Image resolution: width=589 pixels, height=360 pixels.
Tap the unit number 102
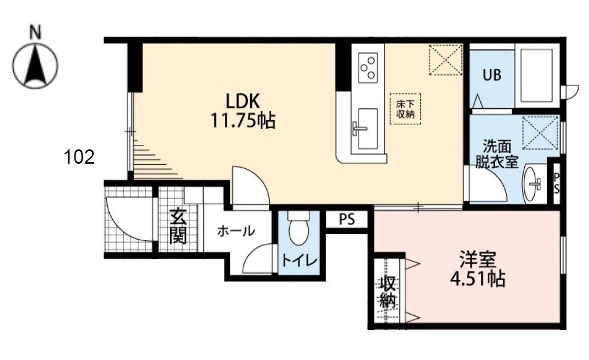click(80, 157)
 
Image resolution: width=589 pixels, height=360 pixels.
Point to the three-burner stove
click(367, 67)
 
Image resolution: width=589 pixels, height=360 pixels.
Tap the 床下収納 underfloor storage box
click(405, 108)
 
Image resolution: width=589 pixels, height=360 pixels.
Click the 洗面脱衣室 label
click(496, 154)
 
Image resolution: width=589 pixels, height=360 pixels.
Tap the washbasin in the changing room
click(533, 184)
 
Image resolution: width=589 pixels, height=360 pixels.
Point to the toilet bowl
click(298, 230)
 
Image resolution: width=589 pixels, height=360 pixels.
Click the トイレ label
click(298, 261)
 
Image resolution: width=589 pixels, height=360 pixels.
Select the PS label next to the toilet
click(346, 220)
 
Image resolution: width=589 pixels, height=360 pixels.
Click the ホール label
click(235, 231)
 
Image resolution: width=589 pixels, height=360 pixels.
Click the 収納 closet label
click(388, 292)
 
